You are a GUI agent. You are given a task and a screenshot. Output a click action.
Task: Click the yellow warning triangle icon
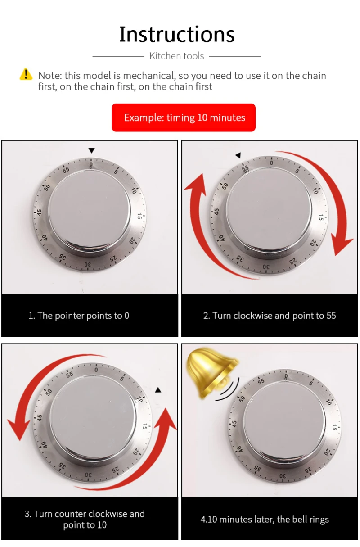(26, 74)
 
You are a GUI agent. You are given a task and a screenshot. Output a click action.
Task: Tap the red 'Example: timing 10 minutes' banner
(184, 118)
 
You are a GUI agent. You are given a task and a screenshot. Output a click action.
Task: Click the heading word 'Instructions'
(177, 34)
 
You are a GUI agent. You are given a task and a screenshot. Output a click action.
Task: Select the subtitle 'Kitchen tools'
(177, 56)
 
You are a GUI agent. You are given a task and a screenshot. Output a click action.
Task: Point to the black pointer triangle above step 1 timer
(91, 151)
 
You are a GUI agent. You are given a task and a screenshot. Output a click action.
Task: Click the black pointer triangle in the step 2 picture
(238, 155)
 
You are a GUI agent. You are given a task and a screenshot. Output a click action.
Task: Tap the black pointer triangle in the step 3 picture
(158, 390)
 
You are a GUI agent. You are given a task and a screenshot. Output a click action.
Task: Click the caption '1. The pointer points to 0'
(79, 316)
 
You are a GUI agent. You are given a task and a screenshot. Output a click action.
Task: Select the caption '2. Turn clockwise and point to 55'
(270, 316)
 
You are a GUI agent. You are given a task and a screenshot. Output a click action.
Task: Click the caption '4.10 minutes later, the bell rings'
(265, 519)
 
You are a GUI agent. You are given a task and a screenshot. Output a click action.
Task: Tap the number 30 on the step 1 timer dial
(88, 264)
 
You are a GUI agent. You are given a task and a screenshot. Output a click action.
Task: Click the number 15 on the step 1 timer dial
(139, 216)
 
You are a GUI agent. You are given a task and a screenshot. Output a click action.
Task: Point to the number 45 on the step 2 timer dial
(216, 212)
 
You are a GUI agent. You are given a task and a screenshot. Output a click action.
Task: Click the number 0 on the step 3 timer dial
(96, 370)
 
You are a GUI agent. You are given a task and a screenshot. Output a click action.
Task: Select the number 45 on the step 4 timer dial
(234, 424)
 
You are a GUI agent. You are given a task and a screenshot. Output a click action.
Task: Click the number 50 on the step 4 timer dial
(242, 399)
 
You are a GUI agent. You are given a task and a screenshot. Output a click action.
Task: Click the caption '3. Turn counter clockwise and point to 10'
(85, 519)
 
